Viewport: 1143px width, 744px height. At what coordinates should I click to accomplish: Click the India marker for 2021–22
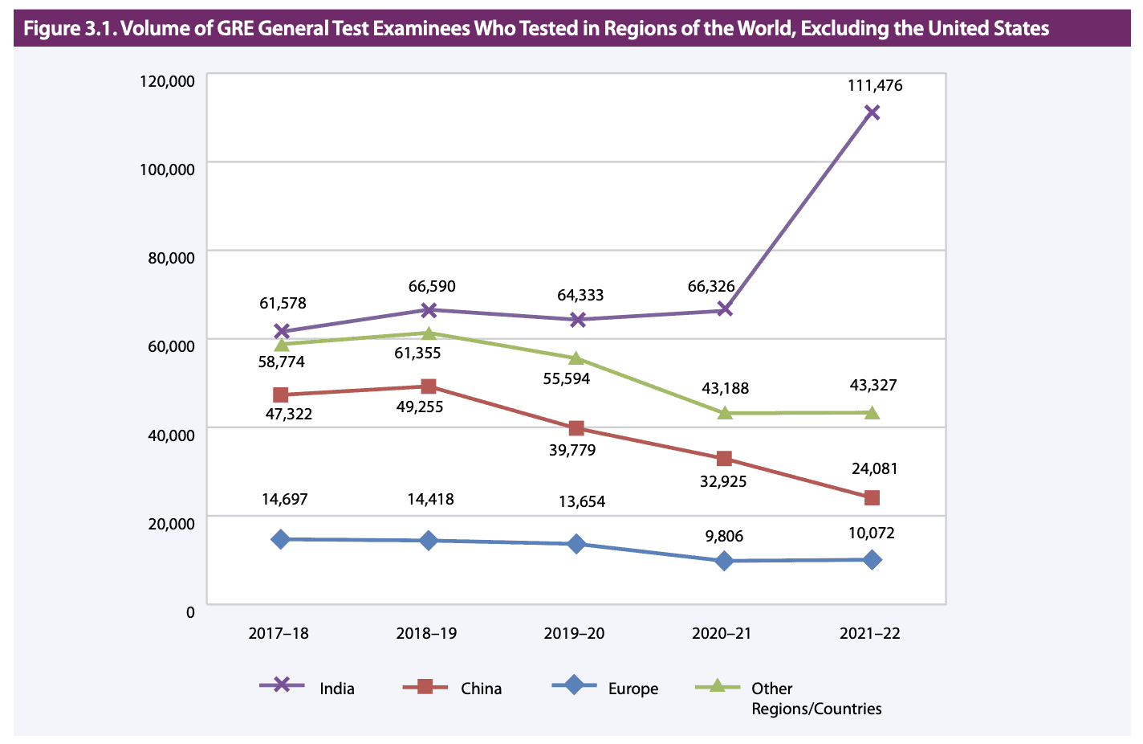point(872,112)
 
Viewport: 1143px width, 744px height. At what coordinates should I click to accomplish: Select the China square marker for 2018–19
point(429,386)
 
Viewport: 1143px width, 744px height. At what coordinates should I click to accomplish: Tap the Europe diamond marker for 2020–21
point(724,561)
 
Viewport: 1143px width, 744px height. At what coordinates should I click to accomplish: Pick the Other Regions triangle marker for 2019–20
point(576,358)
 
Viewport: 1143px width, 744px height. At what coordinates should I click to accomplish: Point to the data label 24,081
point(874,468)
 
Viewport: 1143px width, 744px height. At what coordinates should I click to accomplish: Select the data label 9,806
point(725,536)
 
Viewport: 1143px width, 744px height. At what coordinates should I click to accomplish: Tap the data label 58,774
point(281,362)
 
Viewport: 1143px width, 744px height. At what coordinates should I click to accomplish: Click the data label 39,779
point(572,450)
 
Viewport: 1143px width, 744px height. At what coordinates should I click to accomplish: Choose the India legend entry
point(336,689)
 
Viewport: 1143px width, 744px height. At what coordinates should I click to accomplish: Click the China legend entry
point(481,689)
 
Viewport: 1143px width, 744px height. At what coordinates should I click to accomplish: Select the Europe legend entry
point(633,689)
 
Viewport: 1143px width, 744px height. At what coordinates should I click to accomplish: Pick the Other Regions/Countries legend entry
point(816,698)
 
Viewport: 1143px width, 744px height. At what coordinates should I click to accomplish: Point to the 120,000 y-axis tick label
point(167,81)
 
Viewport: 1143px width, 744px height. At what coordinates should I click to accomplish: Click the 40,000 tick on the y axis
point(171,435)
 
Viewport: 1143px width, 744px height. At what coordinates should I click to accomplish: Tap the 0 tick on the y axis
point(190,612)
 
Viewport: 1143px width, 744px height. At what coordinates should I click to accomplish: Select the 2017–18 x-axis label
point(279,633)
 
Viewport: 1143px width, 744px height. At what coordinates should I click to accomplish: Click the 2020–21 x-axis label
point(722,633)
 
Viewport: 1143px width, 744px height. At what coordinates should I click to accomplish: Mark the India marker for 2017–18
point(281,331)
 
